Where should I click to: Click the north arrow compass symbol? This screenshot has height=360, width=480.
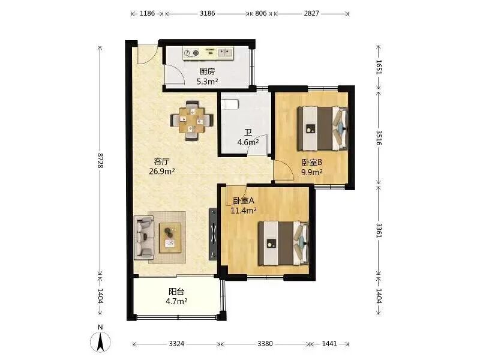pyautogui.click(x=100, y=341)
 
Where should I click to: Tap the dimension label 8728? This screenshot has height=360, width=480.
pyautogui.click(x=100, y=160)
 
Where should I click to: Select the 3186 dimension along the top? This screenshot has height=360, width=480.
pyautogui.click(x=207, y=13)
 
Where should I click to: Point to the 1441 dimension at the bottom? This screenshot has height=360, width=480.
pyautogui.click(x=329, y=344)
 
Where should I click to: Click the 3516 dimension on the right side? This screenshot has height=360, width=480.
pyautogui.click(x=379, y=137)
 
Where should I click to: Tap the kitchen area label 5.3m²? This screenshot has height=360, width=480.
pyautogui.click(x=207, y=82)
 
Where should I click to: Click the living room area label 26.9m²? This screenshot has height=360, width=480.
pyautogui.click(x=162, y=171)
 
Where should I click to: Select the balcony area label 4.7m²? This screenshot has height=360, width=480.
pyautogui.click(x=176, y=301)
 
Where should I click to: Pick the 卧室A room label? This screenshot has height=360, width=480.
pyautogui.click(x=244, y=200)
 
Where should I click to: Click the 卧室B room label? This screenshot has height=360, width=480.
pyautogui.click(x=311, y=162)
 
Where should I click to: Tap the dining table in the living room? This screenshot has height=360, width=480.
pyautogui.click(x=191, y=121)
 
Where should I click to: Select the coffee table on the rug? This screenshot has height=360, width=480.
pyautogui.click(x=170, y=238)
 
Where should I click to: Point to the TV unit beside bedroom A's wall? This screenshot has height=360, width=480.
pyautogui.click(x=213, y=234)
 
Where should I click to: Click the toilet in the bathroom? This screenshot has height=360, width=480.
pyautogui.click(x=229, y=104)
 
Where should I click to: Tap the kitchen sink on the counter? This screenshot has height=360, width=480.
pyautogui.click(x=226, y=53)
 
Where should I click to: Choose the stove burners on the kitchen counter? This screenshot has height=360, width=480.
pyautogui.click(x=191, y=53)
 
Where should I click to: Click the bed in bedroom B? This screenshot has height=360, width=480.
pyautogui.click(x=323, y=128)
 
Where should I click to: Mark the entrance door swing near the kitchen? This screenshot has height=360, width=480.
pyautogui.click(x=147, y=55)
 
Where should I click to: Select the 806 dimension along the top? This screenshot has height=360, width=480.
pyautogui.click(x=260, y=13)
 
